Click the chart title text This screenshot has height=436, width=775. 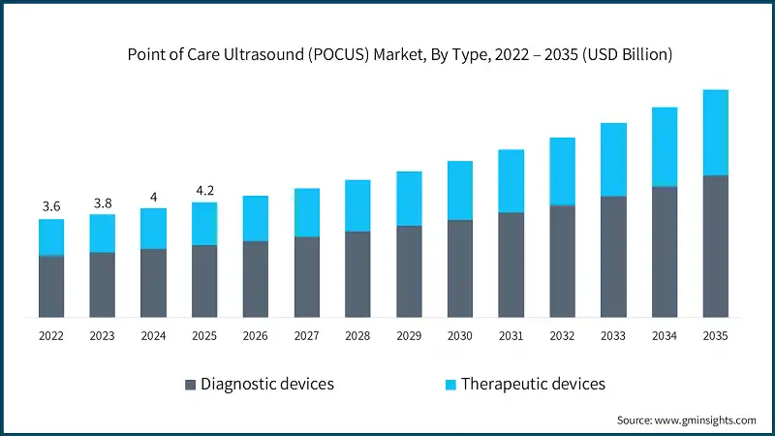pos(400,55)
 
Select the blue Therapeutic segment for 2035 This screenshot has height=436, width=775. pos(715,133)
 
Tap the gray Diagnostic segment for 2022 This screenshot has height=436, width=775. pos(51,287)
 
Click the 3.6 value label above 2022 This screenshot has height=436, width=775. pos(51,206)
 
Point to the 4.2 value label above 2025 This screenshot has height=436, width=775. pos(204,190)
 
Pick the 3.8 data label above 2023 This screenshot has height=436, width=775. pos(103,202)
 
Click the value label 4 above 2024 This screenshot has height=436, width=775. pos(153,197)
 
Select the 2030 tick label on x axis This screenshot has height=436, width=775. pos(459,335)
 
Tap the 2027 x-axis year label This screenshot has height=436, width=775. pos(306,335)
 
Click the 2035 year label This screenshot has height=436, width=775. pos(715,335)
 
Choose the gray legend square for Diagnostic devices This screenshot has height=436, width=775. pos(189,385)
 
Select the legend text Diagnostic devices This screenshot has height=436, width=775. pos(266,384)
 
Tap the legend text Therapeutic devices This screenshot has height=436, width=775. pos(533,384)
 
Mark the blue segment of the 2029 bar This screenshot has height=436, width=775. pos(409,199)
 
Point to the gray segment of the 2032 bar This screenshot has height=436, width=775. pos(562,262)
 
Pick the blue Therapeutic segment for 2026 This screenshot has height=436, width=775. pos(255,218)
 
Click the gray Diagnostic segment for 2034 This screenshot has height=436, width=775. pos(664,252)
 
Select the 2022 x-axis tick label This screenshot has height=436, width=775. pos(51,335)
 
